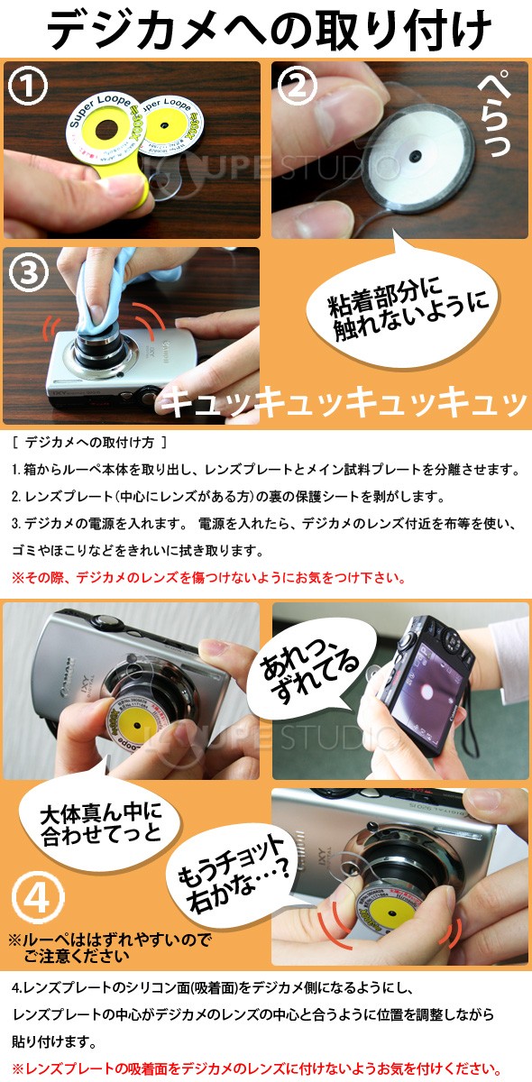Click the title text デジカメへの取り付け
pyautogui.click(x=266, y=30)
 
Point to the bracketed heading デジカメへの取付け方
pyautogui.click(x=90, y=444)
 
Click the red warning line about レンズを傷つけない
pyautogui.click(x=208, y=577)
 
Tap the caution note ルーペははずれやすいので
pyautogui.click(x=109, y=948)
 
